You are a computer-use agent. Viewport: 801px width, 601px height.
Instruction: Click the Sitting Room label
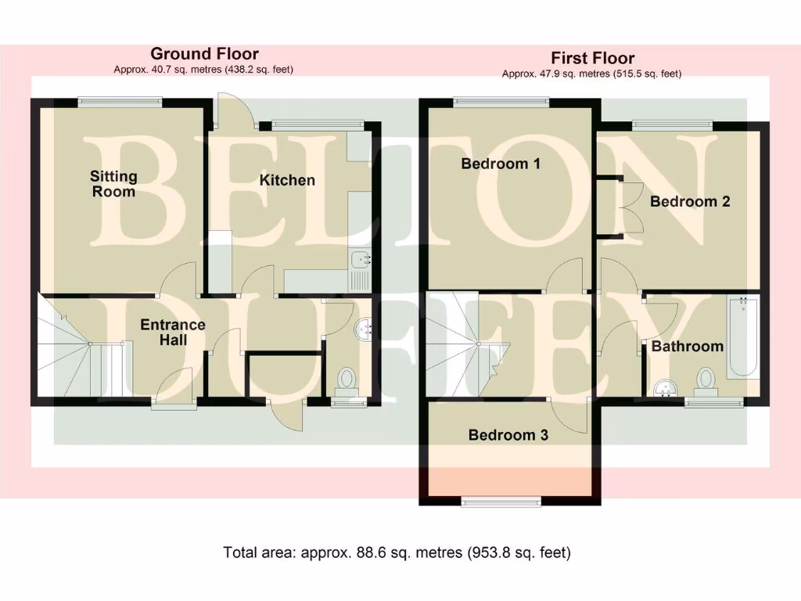[x=113, y=184]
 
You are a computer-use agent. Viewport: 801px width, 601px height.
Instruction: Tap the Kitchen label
[x=287, y=180]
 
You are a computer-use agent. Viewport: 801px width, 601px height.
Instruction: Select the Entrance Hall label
[x=173, y=333]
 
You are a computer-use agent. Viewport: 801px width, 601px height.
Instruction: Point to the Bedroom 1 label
[x=501, y=164]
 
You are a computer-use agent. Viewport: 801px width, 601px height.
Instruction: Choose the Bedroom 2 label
[x=690, y=201]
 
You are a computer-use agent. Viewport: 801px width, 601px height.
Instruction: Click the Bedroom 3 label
[x=508, y=435]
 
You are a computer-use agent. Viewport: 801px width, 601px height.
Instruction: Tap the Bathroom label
[x=688, y=346]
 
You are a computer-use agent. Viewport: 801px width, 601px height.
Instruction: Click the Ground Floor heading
[x=204, y=53]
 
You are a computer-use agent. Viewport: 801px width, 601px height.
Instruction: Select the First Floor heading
[x=592, y=58]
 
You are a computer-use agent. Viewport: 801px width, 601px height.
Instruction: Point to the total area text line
[x=397, y=552]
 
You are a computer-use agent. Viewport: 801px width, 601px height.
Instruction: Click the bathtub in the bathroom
[x=742, y=338]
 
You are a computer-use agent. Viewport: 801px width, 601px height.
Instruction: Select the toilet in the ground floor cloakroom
[x=345, y=381]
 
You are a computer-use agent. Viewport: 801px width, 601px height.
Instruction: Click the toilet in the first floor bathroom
[x=707, y=382]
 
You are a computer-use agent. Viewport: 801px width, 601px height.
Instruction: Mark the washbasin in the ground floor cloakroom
[x=365, y=329]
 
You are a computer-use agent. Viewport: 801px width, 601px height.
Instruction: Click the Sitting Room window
[x=120, y=100]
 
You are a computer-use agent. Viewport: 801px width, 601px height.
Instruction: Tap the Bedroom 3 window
[x=501, y=501]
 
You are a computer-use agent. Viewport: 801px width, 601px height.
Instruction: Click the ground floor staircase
[x=78, y=348]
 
